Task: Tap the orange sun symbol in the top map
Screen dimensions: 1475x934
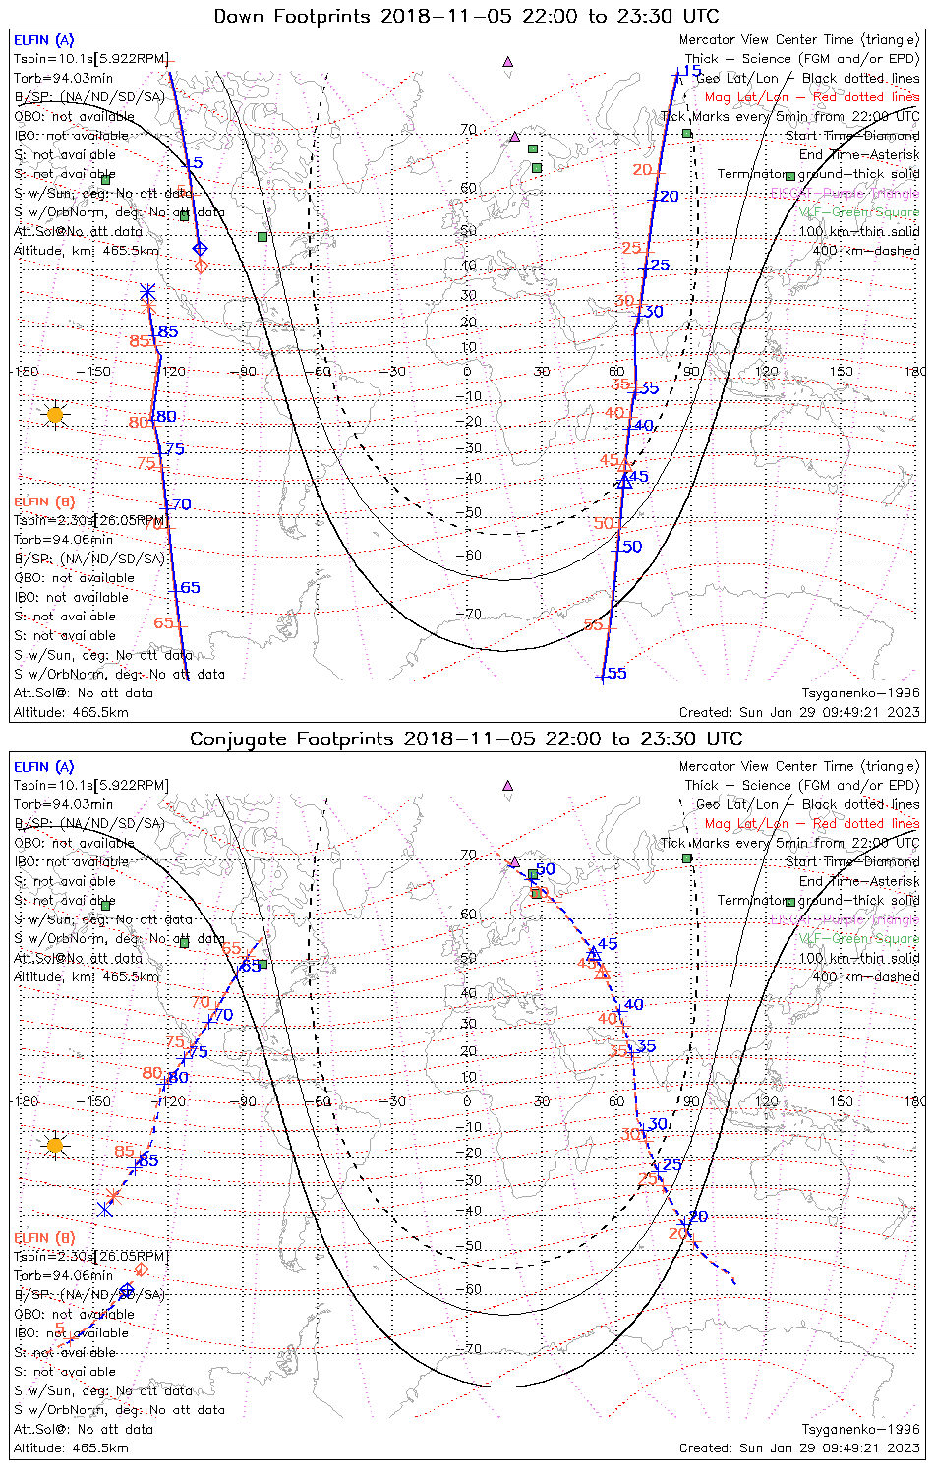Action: click(x=55, y=415)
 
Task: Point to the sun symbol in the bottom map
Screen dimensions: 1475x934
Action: click(x=55, y=1146)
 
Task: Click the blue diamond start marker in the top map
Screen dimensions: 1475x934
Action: click(x=200, y=249)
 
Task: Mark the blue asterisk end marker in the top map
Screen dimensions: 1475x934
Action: click(x=147, y=292)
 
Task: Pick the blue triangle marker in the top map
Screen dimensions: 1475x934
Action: click(x=624, y=481)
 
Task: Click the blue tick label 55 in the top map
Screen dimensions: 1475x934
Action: click(x=616, y=674)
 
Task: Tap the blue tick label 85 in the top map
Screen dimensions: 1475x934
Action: click(x=168, y=332)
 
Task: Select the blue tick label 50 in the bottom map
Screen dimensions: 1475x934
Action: click(x=546, y=869)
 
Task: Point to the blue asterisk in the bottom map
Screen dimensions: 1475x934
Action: click(x=106, y=1209)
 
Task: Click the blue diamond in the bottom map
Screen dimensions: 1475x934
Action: click(x=127, y=1290)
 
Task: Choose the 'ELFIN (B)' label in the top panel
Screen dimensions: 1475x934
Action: click(x=44, y=501)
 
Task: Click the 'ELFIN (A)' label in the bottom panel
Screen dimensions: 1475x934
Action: click(x=44, y=766)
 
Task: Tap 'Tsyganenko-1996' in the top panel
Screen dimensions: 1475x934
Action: click(x=860, y=693)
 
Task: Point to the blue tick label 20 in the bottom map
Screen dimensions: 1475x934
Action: click(x=698, y=1217)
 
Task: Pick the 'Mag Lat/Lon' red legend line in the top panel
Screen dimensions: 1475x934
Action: click(x=811, y=97)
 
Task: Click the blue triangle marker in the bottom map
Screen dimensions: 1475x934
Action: click(x=594, y=954)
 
